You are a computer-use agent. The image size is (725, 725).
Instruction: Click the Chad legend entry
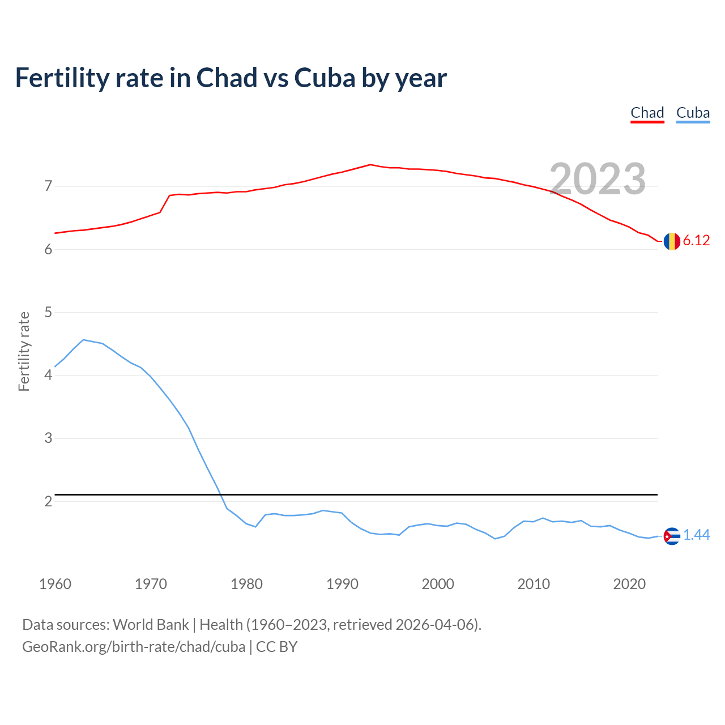pyautogui.click(x=647, y=113)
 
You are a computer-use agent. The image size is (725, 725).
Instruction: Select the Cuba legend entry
pyautogui.click(x=693, y=113)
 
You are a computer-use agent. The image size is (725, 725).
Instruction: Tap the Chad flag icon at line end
pyautogui.click(x=672, y=241)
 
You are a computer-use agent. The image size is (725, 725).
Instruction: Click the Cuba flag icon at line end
pyautogui.click(x=672, y=536)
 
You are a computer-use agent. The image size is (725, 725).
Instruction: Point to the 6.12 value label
pyautogui.click(x=696, y=241)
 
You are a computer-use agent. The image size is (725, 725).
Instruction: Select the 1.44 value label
pyautogui.click(x=696, y=535)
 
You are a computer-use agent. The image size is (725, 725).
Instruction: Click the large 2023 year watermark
pyautogui.click(x=598, y=179)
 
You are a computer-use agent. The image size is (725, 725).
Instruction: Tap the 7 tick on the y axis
pyautogui.click(x=48, y=186)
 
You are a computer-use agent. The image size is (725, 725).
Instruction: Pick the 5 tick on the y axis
pyautogui.click(x=48, y=312)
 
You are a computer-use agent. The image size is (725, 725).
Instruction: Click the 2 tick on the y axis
pyautogui.click(x=48, y=501)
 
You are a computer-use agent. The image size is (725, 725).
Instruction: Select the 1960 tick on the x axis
pyautogui.click(x=55, y=584)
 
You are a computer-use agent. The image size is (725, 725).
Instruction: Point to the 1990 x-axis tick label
pyautogui.click(x=342, y=584)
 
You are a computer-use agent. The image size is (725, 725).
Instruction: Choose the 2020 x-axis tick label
pyautogui.click(x=629, y=584)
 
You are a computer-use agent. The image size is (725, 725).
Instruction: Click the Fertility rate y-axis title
pyautogui.click(x=24, y=351)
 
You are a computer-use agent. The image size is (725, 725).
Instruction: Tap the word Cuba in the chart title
pyautogui.click(x=325, y=78)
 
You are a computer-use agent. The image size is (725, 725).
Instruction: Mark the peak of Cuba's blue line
pyautogui.click(x=83, y=340)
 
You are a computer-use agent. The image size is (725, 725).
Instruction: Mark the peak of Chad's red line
pyautogui.click(x=370, y=165)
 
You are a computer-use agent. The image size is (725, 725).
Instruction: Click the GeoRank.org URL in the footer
pyautogui.click(x=134, y=647)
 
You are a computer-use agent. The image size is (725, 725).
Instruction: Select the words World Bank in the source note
pyautogui.click(x=151, y=625)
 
